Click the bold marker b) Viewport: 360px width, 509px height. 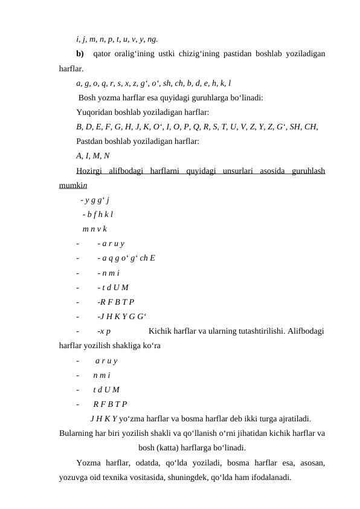tap(81, 54)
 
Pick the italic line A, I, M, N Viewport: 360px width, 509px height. tap(93, 156)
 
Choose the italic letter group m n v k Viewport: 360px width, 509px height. tap(95, 229)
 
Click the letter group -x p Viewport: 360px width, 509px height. tap(104, 331)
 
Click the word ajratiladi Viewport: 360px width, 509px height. tap(293, 418)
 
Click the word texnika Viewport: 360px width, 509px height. tap(130, 478)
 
